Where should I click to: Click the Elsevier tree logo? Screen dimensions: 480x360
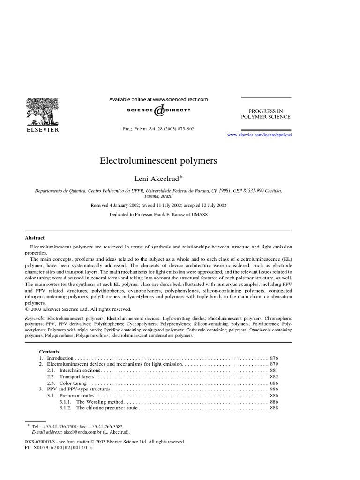tap(42, 111)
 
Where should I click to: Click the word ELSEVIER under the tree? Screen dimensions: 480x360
tap(42, 130)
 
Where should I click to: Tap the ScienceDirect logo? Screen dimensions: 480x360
tap(158, 111)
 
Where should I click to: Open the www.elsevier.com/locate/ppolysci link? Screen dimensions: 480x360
tap(262, 135)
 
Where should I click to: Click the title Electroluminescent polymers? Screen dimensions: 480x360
tap(158, 161)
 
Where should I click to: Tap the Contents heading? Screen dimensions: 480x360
tap(49, 351)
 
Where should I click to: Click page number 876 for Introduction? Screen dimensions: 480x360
tap(274, 358)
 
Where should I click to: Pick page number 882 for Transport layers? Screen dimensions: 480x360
tap(274, 376)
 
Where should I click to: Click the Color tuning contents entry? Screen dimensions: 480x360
tap(68, 383)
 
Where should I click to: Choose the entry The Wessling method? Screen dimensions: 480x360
tap(100, 402)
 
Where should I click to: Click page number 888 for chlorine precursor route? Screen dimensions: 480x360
tap(274, 408)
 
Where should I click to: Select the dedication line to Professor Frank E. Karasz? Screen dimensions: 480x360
tap(158, 214)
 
